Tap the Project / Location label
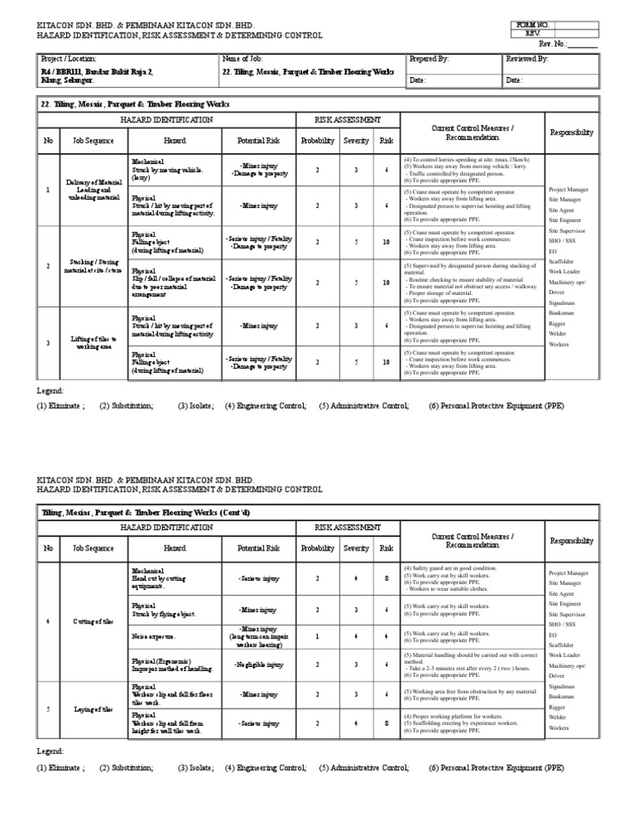(69, 59)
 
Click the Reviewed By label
(527, 59)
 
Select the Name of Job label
(242, 59)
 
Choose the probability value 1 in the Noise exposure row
(318, 635)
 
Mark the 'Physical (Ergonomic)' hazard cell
(167, 664)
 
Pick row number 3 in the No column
(48, 342)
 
